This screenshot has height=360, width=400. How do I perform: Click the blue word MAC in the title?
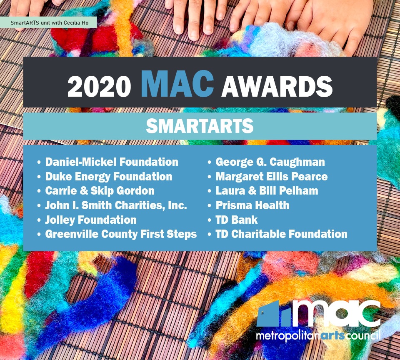click(177, 84)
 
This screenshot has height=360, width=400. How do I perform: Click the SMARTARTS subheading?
click(200, 126)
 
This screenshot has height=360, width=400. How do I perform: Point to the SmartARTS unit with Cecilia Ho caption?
click(50, 22)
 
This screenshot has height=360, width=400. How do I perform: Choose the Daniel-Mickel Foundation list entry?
click(112, 162)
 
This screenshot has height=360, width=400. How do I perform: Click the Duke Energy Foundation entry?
click(109, 177)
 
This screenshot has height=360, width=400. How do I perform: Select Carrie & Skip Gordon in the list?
click(100, 191)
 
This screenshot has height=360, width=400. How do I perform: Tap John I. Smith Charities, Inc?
click(116, 205)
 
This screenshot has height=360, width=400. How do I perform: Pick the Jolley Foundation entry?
click(91, 220)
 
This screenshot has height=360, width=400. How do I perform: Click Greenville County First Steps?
click(121, 235)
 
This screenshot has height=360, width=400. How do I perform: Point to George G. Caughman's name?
click(270, 162)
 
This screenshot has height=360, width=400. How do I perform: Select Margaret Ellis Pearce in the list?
click(272, 177)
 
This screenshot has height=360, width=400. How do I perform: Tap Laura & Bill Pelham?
click(267, 191)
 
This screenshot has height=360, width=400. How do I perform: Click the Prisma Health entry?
click(252, 205)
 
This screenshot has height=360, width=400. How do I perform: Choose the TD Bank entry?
click(237, 220)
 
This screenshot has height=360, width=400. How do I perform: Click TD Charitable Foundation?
click(282, 234)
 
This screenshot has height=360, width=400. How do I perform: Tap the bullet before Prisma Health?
click(210, 206)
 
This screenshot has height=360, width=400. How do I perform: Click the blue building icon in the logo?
click(274, 314)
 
